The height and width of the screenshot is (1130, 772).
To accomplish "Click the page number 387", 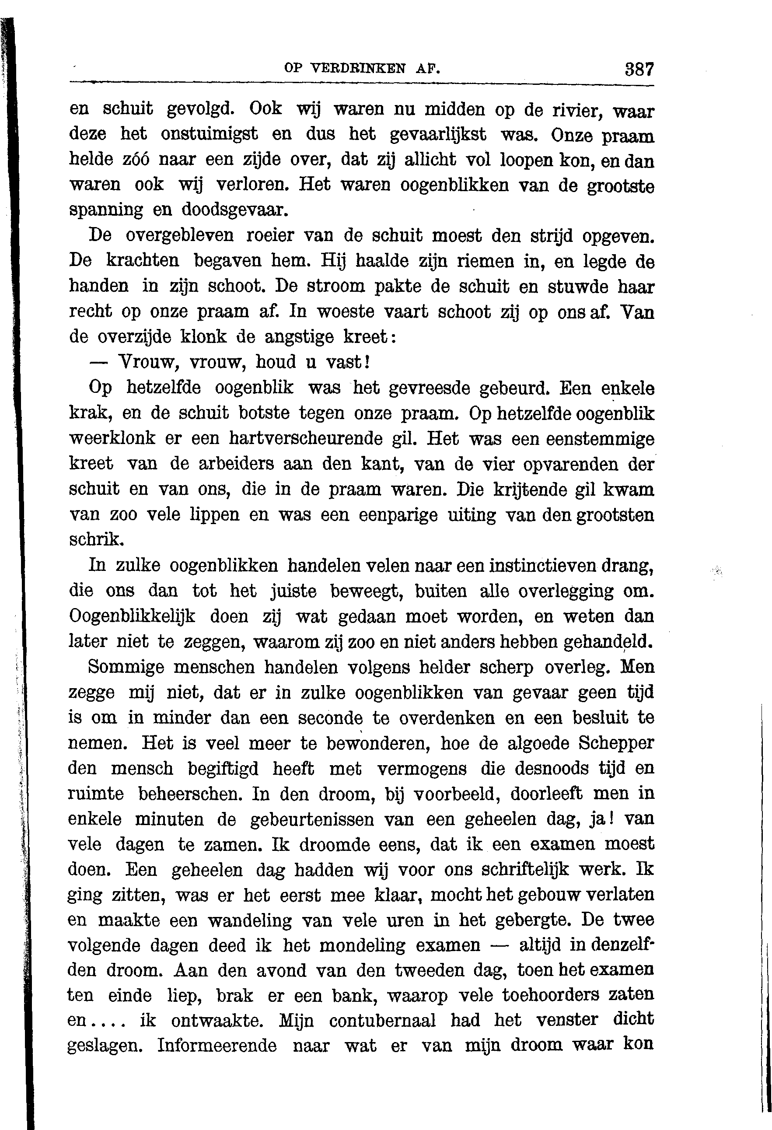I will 639,69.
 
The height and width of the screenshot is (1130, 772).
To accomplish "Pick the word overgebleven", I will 179,235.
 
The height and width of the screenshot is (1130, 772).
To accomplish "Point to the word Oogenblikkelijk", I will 132,616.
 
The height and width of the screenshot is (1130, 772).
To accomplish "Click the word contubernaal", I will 382,1020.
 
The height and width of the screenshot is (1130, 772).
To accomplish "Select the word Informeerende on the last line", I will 217,1046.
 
